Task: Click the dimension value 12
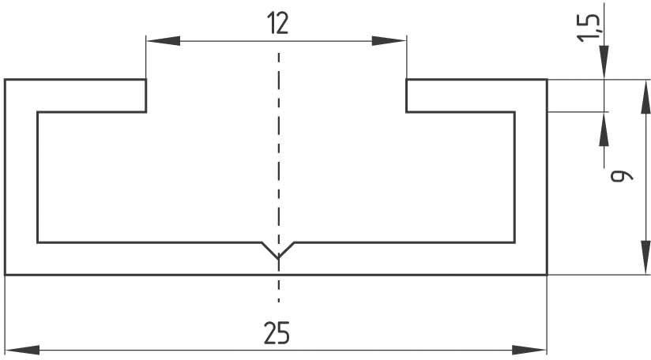point(278,23)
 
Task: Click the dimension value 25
point(277,332)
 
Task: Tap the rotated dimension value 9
point(622,176)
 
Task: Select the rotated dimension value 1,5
point(589,28)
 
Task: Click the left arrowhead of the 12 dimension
point(164,41)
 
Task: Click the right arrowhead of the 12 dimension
point(389,41)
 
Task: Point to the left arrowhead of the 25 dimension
point(22,350)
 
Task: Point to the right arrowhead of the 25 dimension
point(529,350)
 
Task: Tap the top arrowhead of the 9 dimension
point(645,97)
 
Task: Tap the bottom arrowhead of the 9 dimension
point(645,257)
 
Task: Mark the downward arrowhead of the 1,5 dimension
point(604,62)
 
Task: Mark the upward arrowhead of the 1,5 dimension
point(604,129)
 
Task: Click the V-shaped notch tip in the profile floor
point(278,258)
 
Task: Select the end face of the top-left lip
point(145,96)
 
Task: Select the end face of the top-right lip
point(406,96)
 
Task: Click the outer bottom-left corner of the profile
point(5,274)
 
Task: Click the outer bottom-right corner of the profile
point(547,274)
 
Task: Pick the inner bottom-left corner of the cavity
point(38,242)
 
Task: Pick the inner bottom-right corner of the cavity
point(514,242)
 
